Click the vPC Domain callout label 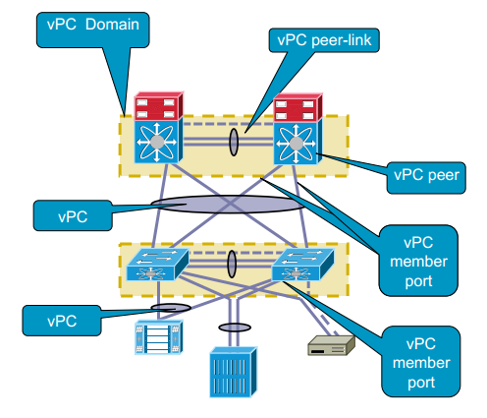point(93,30)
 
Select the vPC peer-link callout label point(324,40)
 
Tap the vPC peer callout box point(426,177)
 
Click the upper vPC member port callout point(418,261)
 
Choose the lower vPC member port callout point(421,361)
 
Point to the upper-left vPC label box point(73,215)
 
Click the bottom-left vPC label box point(62,321)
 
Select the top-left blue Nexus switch point(158,142)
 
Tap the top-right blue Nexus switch point(298,143)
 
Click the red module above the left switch point(158,106)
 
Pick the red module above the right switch point(298,107)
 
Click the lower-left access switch point(157,265)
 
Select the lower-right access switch point(302,265)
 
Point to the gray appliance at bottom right point(331,345)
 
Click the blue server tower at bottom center point(233,372)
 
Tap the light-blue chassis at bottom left point(158,337)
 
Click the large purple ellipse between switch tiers point(228,204)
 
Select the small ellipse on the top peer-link point(234,142)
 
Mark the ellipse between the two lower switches point(232,264)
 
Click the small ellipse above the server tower point(235,328)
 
